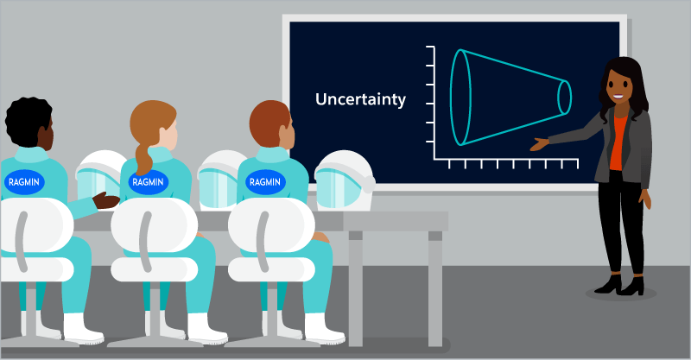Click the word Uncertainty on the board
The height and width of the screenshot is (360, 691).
pos(360,99)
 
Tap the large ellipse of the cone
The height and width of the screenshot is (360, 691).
pos(451,98)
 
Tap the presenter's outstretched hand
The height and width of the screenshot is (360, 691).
pos(539,143)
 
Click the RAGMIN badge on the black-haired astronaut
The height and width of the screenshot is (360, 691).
pos(24,181)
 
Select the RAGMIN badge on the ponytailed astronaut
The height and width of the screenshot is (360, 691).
pos(148,181)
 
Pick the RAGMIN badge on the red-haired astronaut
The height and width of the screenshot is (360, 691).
pos(265,181)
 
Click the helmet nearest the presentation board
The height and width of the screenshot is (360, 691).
pos(344,180)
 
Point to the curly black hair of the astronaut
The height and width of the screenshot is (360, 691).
pos(27,121)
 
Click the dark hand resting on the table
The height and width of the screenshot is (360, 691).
pos(105,200)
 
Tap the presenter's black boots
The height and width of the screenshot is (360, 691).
pos(619,285)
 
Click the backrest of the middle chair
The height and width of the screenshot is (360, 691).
pos(154,224)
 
